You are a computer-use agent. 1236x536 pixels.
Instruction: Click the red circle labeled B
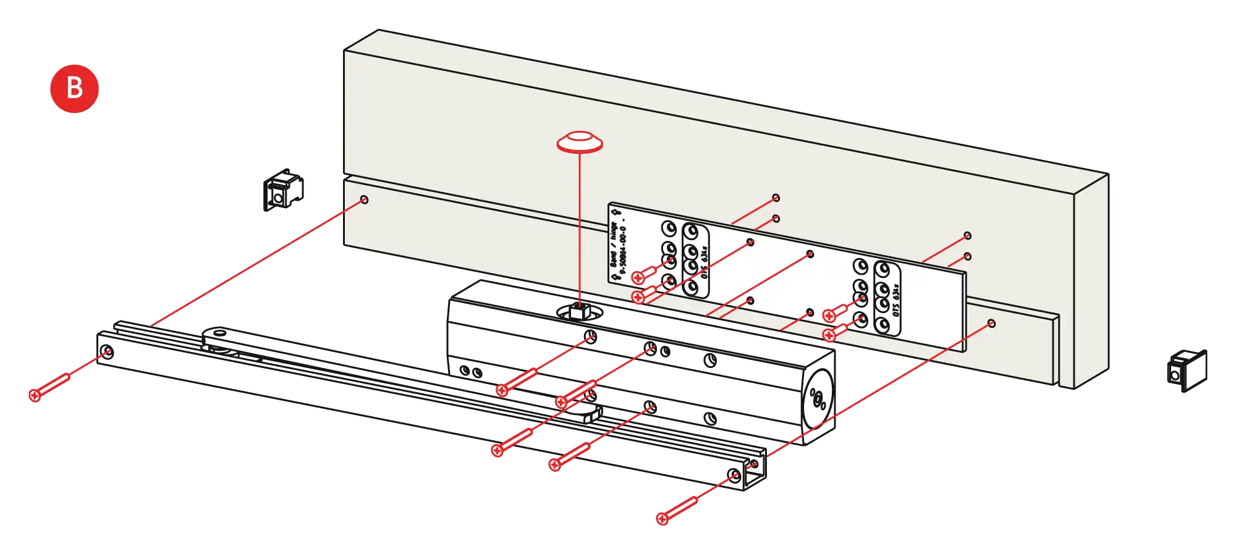(74, 88)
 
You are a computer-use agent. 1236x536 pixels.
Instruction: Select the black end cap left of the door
(283, 190)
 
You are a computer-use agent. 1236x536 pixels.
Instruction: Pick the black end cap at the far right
(1187, 371)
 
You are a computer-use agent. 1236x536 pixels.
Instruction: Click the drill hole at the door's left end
(364, 199)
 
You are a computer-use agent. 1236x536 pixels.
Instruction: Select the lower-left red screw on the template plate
(639, 298)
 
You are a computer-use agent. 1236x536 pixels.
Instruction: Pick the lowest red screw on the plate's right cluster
(829, 335)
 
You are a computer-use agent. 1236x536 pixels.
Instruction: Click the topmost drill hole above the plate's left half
(776, 198)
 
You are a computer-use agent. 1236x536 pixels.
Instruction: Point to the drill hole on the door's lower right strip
(991, 324)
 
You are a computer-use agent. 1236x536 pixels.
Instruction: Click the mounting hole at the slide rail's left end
(107, 353)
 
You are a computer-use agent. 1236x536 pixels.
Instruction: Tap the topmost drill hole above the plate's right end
(967, 235)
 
